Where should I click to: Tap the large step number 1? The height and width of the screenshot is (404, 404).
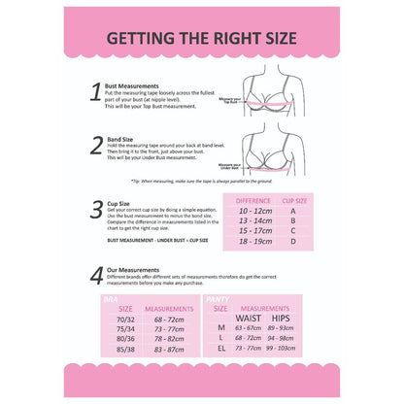95,93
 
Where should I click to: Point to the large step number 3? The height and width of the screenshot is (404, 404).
96,209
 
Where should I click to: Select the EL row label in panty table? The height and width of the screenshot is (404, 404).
220,347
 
